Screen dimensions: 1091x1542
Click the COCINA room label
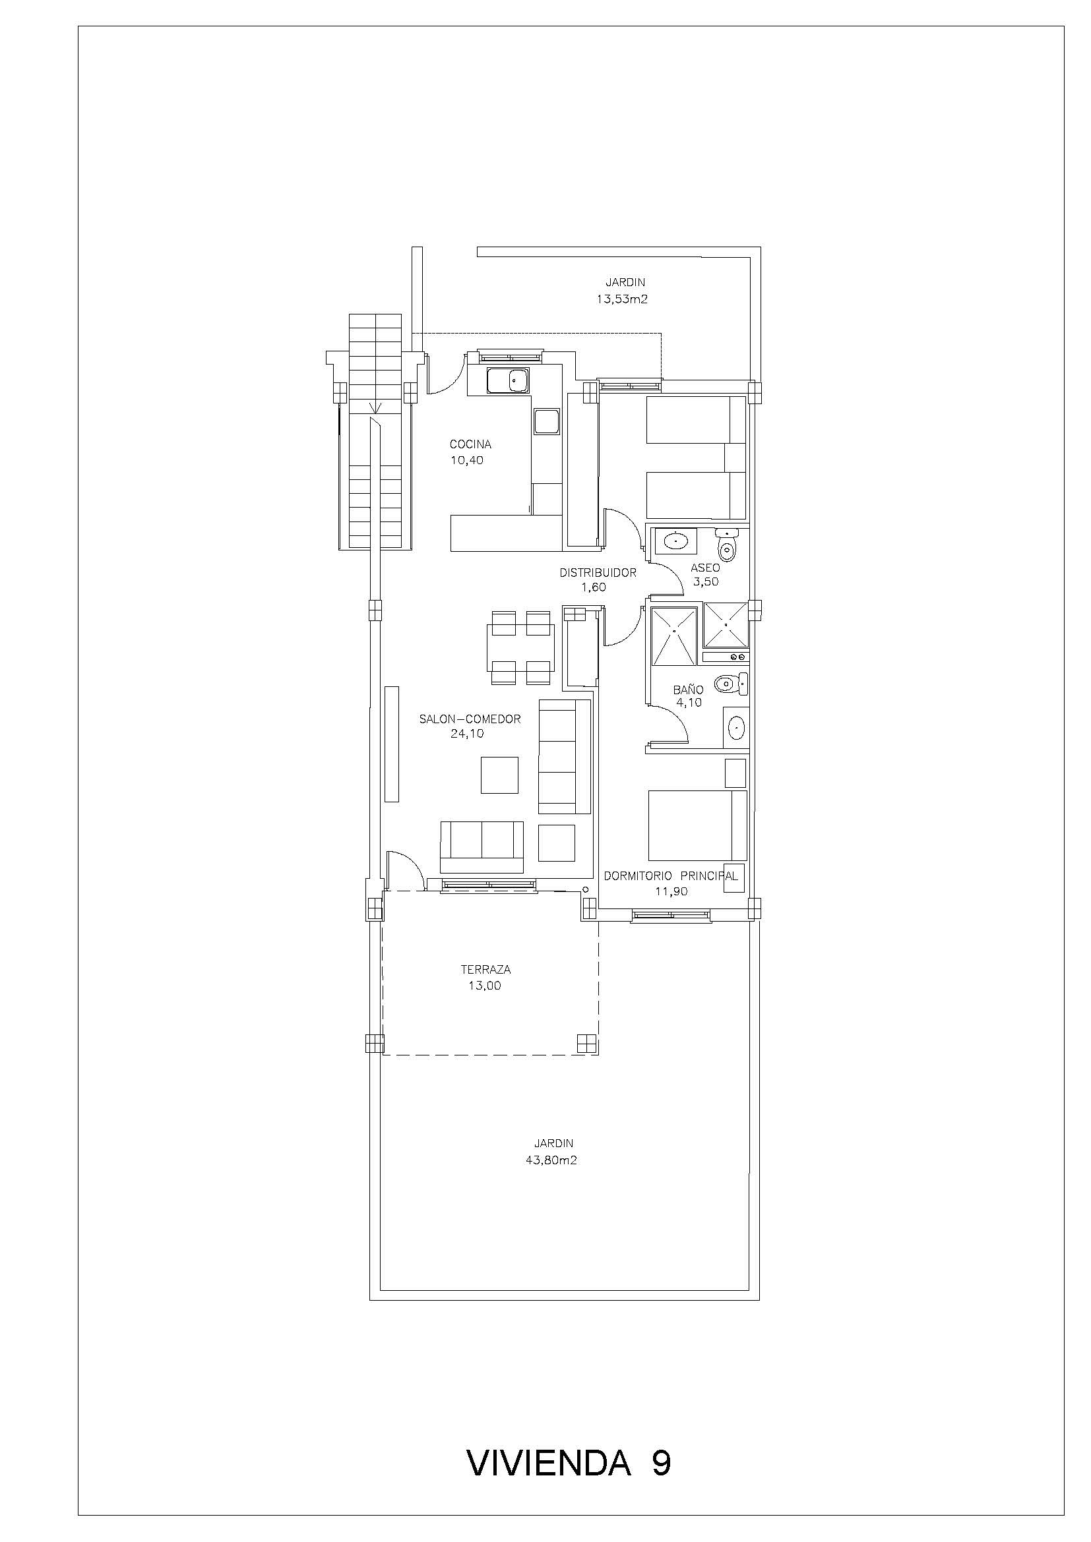tap(470, 444)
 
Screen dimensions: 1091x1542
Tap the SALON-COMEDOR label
tap(470, 719)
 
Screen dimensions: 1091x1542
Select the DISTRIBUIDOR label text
tap(598, 573)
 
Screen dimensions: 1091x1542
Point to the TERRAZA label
tap(485, 970)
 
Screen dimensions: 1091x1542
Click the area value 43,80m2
tap(551, 1160)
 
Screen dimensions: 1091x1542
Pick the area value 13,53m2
tap(621, 299)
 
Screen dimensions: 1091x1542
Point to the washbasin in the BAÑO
tap(735, 727)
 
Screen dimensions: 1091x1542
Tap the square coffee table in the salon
tap(500, 775)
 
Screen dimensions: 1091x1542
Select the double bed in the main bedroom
tap(697, 825)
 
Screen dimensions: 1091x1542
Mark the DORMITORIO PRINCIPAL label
tap(670, 875)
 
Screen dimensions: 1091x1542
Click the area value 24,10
tap(467, 734)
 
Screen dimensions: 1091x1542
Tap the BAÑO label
tap(689, 689)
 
